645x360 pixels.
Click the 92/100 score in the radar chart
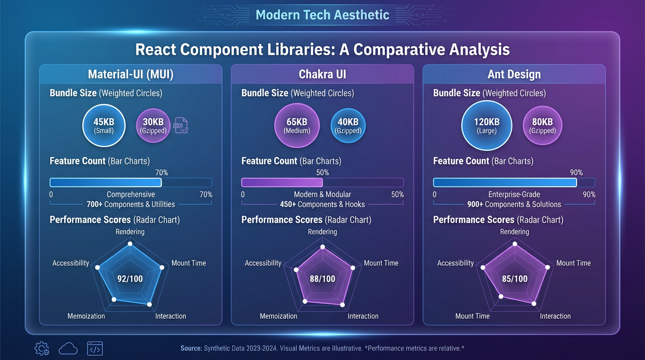pos(130,279)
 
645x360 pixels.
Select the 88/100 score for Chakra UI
pos(322,279)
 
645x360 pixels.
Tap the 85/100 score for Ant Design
pos(515,279)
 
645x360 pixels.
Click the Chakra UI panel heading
pos(322,75)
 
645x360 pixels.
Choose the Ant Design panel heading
pos(514,75)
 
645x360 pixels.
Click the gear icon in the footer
pos(42,348)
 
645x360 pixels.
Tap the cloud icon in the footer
pos(68,348)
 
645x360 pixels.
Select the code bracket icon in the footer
pos(95,349)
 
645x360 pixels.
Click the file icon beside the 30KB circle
pos(181,126)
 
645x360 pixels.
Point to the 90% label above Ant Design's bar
pos(576,172)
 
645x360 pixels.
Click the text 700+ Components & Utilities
pos(131,204)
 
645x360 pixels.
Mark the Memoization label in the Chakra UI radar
pos(278,316)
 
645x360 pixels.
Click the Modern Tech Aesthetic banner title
pos(322,15)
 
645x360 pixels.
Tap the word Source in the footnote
pos(191,348)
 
